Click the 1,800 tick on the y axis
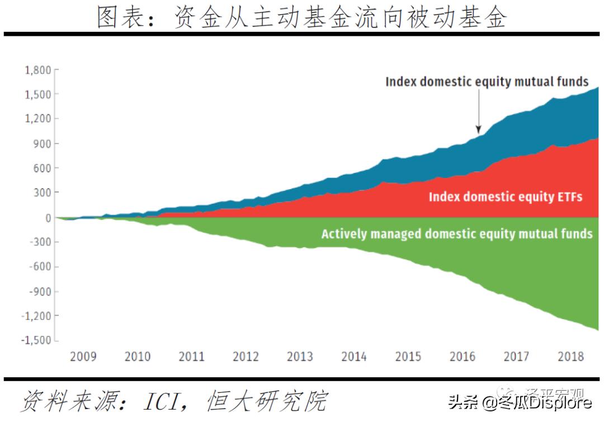[x=37, y=70]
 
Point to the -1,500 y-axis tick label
[x=35, y=340]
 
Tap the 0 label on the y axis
[x=48, y=218]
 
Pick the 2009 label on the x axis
[x=83, y=357]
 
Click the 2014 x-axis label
[x=353, y=357]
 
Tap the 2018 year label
[x=570, y=357]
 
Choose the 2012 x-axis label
[x=246, y=357]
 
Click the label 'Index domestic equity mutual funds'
[x=487, y=82]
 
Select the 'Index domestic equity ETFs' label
[x=506, y=197]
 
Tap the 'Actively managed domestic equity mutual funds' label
[x=456, y=234]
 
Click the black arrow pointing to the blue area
[x=478, y=112]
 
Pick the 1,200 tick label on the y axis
[x=37, y=119]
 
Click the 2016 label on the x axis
[x=462, y=357]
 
